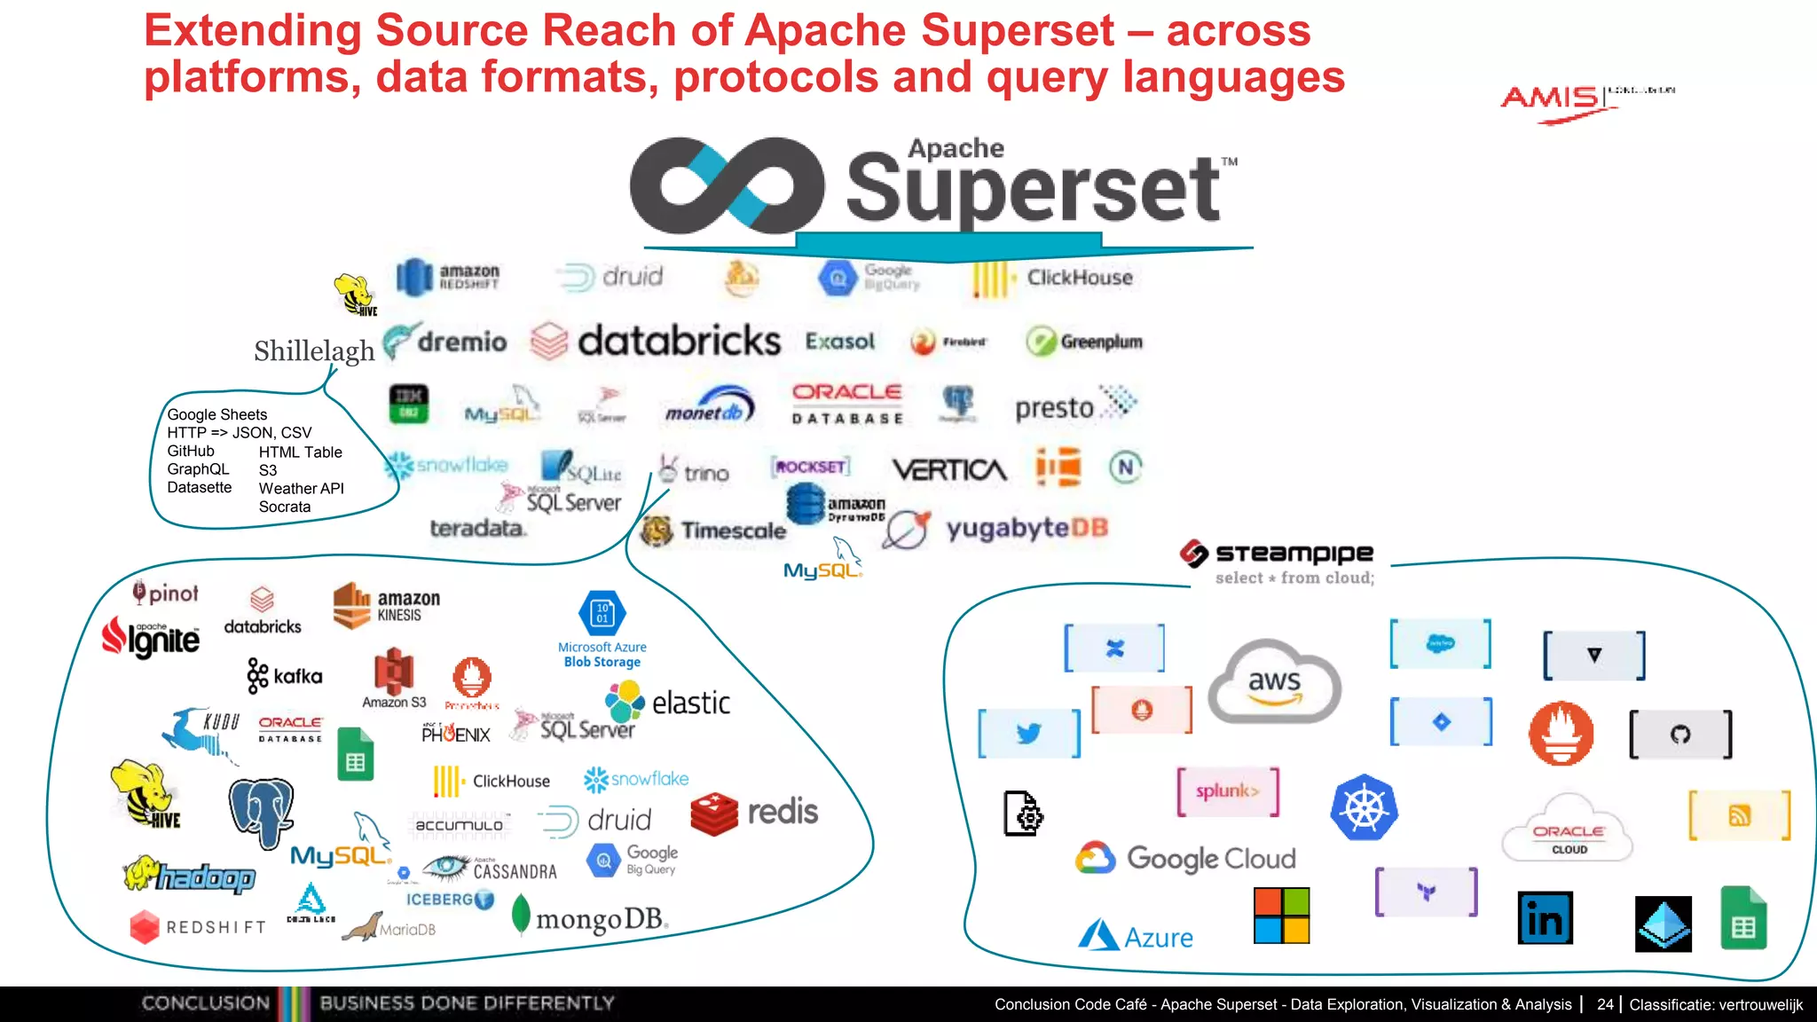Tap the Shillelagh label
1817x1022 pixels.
(314, 350)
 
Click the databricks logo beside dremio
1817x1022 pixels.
(657, 342)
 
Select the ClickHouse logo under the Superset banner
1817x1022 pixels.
(1054, 279)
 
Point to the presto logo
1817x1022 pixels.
(1074, 406)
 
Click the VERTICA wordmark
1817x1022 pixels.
(949, 469)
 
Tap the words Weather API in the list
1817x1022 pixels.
(301, 488)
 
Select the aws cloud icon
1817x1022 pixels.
(1274, 681)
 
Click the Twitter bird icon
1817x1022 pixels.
(1028, 734)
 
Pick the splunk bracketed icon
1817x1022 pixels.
(1227, 791)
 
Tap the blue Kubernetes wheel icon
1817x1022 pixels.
(1364, 808)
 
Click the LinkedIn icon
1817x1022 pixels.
(1545, 918)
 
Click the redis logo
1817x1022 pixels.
(754, 812)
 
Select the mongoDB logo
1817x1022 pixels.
(590, 918)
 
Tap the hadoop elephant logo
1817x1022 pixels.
(190, 876)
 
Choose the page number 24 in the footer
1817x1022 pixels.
(1604, 1004)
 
